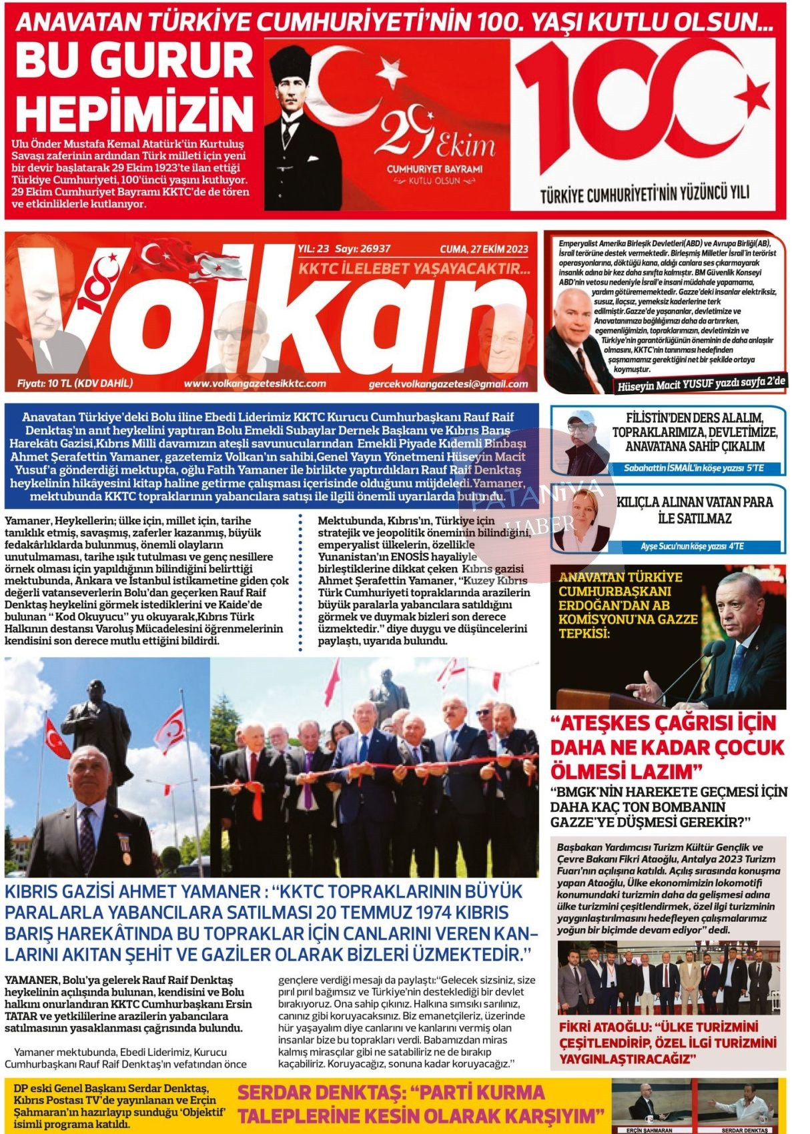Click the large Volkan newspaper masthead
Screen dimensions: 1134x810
point(267,314)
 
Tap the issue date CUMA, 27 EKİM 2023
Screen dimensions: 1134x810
point(484,249)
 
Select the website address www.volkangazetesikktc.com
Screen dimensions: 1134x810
point(255,384)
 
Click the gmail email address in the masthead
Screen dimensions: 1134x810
point(448,384)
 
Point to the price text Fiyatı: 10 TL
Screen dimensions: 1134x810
point(75,384)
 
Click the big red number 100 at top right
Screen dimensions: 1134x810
point(641,107)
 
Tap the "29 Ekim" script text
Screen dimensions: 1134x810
point(434,137)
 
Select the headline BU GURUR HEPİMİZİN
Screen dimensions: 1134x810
point(133,87)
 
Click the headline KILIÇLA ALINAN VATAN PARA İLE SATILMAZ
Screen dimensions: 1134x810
point(694,510)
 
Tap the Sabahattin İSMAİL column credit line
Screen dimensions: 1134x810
point(694,468)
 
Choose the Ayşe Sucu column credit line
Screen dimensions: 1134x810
point(692,546)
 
